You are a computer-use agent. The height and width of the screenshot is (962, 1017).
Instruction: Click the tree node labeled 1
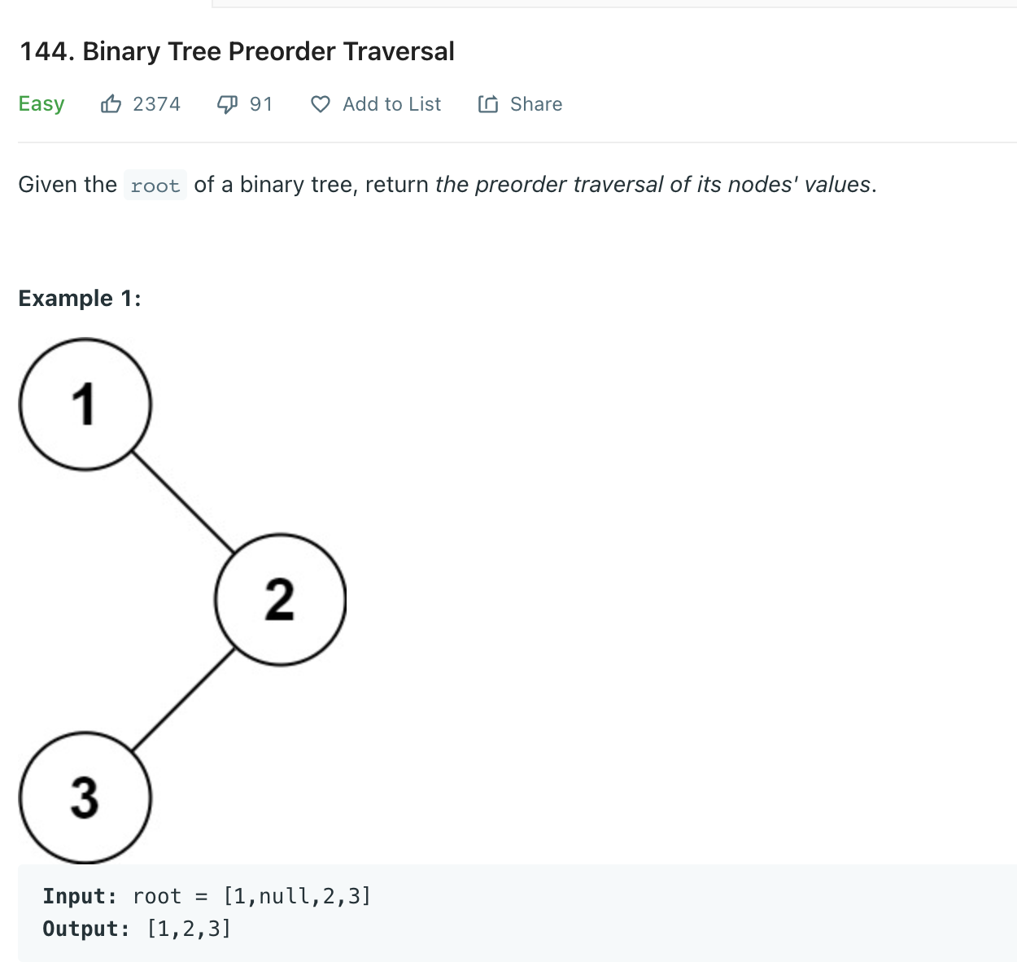85,404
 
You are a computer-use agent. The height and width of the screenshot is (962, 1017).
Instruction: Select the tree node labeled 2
281,599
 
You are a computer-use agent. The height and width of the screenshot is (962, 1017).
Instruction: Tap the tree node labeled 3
85,798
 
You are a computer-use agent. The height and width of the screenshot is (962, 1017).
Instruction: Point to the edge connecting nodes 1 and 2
183,501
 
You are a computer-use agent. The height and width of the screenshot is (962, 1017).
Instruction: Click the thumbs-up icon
111,104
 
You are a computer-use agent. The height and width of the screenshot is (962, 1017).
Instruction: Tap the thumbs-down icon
227,104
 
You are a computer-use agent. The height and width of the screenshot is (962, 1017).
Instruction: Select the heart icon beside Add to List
321,104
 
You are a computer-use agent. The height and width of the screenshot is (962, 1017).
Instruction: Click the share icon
488,104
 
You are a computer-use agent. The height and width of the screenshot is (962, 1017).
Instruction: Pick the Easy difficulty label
41,103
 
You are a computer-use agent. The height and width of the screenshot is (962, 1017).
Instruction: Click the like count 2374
156,104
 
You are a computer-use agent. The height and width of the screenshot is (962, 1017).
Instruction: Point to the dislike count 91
260,104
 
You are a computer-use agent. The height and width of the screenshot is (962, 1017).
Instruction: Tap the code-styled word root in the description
155,186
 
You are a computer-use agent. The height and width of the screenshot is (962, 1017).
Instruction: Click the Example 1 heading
80,299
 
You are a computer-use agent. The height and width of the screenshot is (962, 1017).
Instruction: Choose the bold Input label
80,896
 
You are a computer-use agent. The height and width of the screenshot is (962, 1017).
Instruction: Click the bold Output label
86,929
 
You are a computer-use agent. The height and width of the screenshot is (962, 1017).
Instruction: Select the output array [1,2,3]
189,929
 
